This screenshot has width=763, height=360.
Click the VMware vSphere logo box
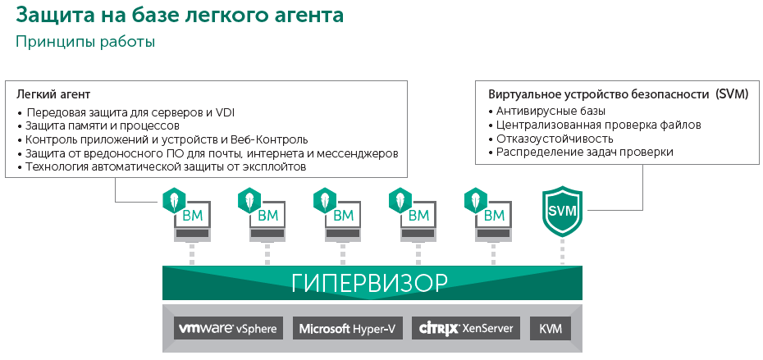[226, 328]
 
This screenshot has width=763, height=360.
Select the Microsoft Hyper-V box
[347, 328]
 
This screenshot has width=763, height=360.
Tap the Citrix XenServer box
[466, 328]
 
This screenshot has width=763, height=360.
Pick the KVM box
[551, 328]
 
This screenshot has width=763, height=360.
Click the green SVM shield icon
[562, 211]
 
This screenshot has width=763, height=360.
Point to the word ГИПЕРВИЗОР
[369, 283]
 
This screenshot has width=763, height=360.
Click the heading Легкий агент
[53, 94]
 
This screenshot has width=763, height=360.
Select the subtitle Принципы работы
[85, 43]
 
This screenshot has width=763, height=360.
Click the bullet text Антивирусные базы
[551, 112]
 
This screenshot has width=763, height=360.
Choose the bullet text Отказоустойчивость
[555, 139]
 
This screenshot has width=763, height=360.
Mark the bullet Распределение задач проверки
[585, 153]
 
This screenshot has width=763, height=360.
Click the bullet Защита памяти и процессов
[103, 126]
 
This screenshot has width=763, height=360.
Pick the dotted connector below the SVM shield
[562, 251]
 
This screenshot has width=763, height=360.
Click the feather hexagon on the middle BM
[325, 200]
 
